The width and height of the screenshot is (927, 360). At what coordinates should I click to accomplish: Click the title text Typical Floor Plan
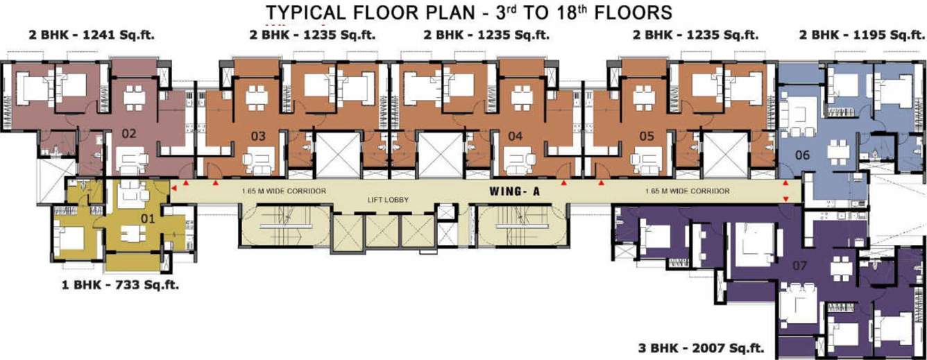469,12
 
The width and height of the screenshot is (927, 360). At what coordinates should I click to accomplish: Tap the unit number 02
128,134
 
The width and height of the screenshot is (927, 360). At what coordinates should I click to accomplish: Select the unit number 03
258,137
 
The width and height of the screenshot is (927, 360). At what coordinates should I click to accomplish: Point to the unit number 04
515,137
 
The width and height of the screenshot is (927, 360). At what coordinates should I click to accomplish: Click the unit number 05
647,137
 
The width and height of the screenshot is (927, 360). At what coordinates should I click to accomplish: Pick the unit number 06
802,155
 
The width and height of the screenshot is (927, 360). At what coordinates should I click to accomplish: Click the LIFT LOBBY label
387,200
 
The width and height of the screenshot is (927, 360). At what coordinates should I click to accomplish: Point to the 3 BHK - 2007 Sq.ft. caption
701,347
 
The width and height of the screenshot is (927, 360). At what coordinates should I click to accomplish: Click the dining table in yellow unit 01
132,234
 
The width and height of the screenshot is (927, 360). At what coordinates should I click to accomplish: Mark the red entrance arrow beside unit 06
785,184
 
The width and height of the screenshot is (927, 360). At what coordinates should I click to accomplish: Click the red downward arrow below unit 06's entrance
785,200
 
